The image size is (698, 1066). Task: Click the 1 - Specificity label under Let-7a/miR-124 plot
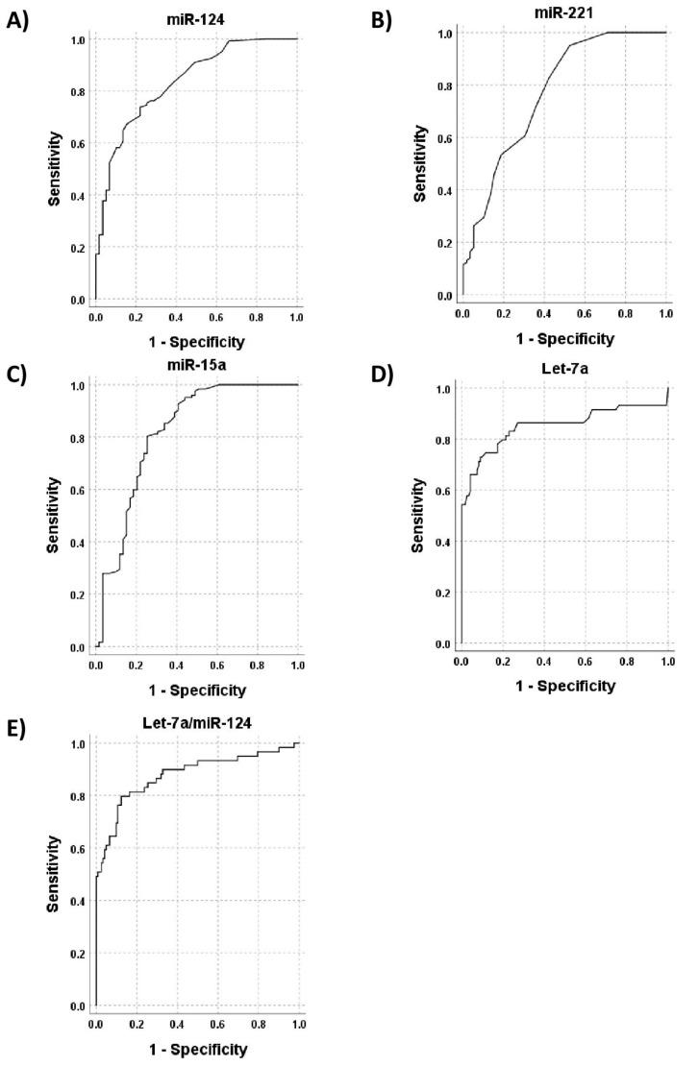[x=196, y=1050]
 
